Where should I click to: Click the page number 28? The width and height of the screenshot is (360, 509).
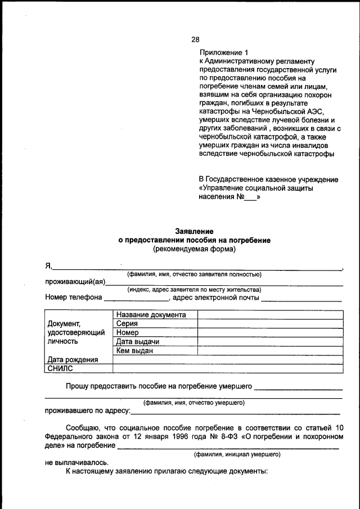[195, 39]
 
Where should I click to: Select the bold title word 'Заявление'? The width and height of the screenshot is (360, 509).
[194, 231]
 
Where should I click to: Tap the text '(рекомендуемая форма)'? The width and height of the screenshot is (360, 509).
[194, 248]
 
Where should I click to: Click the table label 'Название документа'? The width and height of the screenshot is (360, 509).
[150, 315]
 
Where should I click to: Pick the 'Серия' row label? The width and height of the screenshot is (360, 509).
[127, 324]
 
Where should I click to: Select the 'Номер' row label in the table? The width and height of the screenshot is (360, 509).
[128, 333]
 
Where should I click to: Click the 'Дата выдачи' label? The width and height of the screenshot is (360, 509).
[138, 342]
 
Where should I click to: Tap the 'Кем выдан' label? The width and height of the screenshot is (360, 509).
[134, 351]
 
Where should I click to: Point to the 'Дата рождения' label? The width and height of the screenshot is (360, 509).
[73, 360]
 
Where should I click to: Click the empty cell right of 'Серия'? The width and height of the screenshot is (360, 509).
[270, 324]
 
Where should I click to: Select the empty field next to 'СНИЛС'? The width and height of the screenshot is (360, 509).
[228, 368]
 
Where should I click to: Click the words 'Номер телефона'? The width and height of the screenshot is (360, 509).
[74, 298]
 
